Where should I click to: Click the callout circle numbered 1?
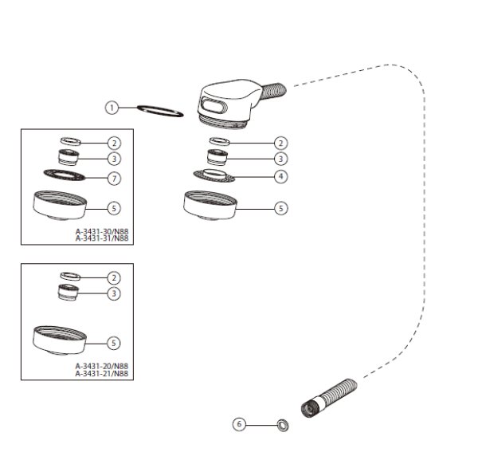point(112,108)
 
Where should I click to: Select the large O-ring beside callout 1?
point(160,108)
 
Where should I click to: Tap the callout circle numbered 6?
point(239,424)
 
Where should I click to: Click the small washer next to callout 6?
point(283,425)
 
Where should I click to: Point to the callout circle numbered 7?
point(114,179)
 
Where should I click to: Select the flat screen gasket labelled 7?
point(65,175)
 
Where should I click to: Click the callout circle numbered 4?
point(280,176)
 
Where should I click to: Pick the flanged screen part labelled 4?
point(214,175)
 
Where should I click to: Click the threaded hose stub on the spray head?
point(273,90)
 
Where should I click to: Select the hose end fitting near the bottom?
point(328,398)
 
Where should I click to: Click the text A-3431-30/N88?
point(102,231)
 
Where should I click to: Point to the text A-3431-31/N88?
point(102,238)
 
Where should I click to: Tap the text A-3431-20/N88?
point(102,366)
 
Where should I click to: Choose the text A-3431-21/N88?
point(102,373)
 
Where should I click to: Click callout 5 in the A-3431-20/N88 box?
point(114,343)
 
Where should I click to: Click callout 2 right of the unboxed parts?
point(280,143)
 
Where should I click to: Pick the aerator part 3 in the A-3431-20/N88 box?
point(69,293)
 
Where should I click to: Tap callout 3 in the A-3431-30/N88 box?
point(114,159)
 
